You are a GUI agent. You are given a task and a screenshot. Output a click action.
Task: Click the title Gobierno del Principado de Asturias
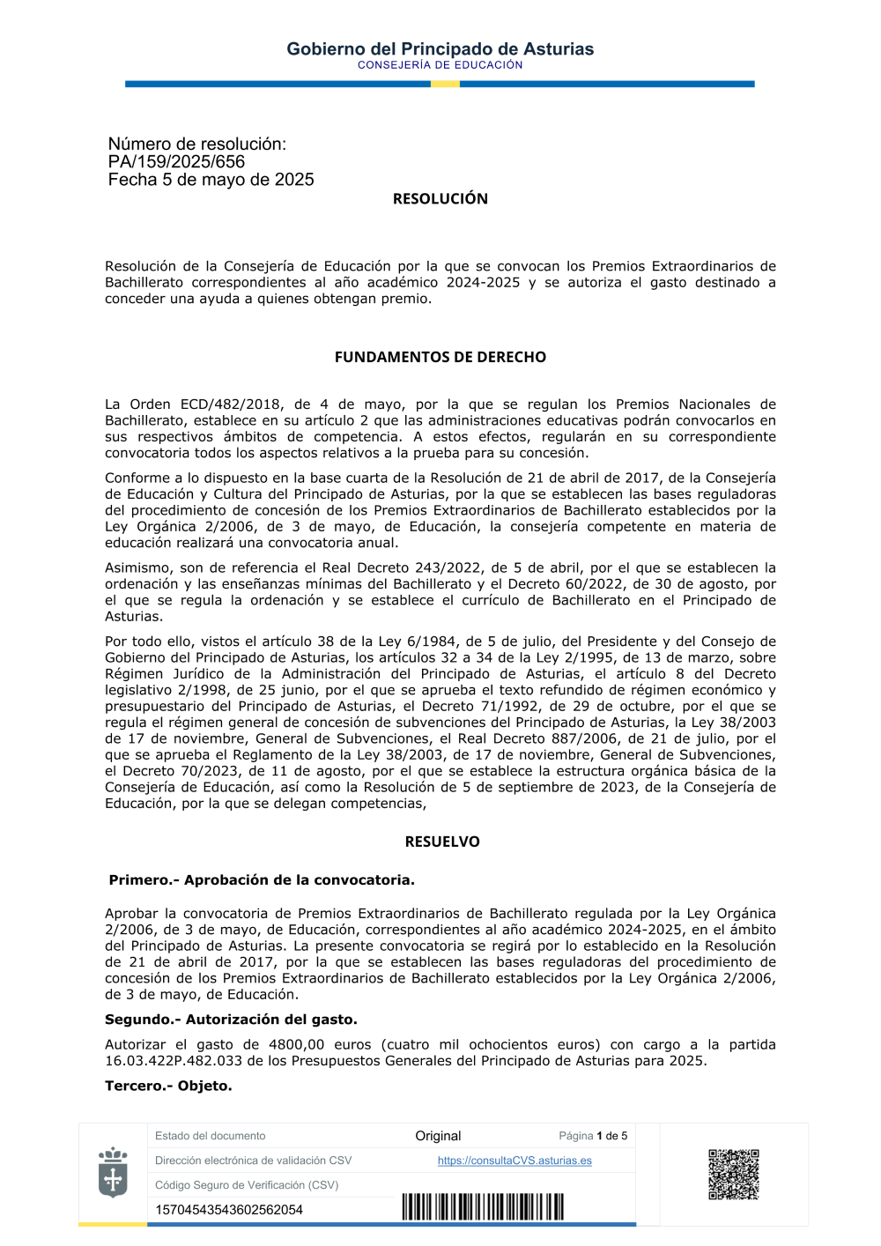[x=440, y=49]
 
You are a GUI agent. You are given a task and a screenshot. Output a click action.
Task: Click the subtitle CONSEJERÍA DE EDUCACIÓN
[x=440, y=65]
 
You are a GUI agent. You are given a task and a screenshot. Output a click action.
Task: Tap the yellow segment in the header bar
[x=445, y=84]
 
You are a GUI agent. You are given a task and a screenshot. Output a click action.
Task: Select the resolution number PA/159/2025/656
[x=176, y=162]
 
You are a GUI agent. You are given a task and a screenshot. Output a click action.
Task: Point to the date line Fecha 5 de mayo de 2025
[x=211, y=180]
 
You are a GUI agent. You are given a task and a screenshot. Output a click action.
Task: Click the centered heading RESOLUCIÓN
[x=440, y=199]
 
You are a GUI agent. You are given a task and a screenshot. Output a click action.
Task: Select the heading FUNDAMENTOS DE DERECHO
[x=440, y=357]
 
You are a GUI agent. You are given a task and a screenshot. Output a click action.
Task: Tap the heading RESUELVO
[x=442, y=842]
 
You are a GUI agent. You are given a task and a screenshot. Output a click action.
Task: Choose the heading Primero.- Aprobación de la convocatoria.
[x=262, y=880]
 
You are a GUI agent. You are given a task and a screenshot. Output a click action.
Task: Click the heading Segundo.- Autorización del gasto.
[x=231, y=1020]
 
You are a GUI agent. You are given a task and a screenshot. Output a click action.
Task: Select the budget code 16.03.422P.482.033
[x=174, y=1061]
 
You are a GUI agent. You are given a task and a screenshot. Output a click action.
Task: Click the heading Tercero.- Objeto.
[x=168, y=1086]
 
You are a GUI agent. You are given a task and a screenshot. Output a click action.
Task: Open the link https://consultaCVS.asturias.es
[x=515, y=1161]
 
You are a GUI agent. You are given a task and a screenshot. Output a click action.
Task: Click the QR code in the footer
[x=733, y=1174]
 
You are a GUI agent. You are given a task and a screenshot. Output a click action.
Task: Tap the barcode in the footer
[x=483, y=1207]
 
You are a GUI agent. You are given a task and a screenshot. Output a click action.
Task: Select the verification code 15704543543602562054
[x=229, y=1210]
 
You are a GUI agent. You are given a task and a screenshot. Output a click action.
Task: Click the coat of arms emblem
[x=113, y=1173]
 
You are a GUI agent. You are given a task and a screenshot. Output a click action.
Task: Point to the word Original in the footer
[x=438, y=1136]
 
